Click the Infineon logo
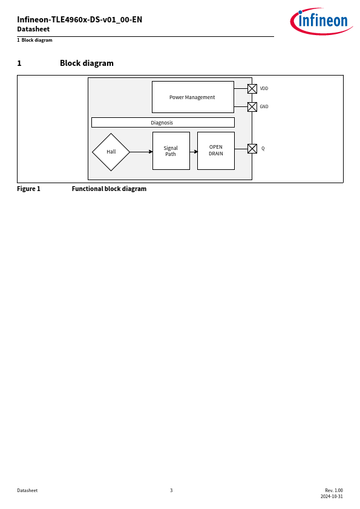321,21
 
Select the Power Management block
193,97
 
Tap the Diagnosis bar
163,122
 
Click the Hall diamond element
111,152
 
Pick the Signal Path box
171,151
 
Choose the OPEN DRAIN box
216,151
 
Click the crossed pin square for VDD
252,89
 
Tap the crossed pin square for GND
252,107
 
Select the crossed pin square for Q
252,149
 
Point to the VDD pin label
264,88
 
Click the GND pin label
264,106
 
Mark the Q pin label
263,148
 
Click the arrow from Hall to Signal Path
142,152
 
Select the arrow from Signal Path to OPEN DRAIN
194,152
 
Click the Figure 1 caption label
28,189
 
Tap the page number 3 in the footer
171,490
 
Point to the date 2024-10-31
332,496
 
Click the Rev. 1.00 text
334,490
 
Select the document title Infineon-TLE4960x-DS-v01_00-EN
80,19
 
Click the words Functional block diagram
109,189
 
